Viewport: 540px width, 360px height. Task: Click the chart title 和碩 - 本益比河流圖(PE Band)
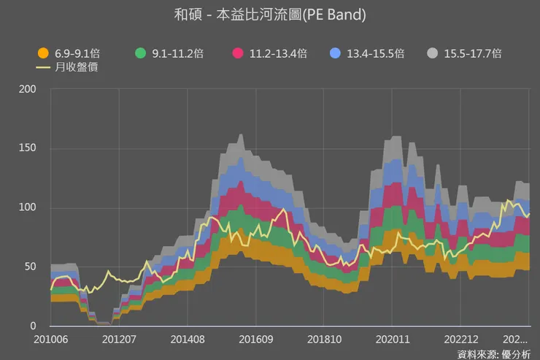(x=270, y=15)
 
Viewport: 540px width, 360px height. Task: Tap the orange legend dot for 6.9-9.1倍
(x=43, y=53)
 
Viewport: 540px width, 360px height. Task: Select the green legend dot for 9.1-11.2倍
(x=142, y=53)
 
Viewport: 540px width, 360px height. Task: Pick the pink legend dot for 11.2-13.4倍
(x=238, y=53)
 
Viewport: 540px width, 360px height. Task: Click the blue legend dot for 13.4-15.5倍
(x=336, y=53)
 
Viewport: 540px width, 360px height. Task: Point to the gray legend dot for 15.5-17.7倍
(x=433, y=53)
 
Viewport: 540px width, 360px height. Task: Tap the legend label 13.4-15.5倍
(x=375, y=53)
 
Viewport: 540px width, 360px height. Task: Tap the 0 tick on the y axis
(x=32, y=326)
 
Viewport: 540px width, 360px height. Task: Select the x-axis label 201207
(x=119, y=340)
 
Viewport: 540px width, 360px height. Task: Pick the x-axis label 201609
(x=255, y=340)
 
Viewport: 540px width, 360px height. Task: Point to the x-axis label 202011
(x=391, y=340)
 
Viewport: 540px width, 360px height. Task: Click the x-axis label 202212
(x=460, y=340)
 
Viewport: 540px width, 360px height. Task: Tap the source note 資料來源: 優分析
(x=493, y=353)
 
